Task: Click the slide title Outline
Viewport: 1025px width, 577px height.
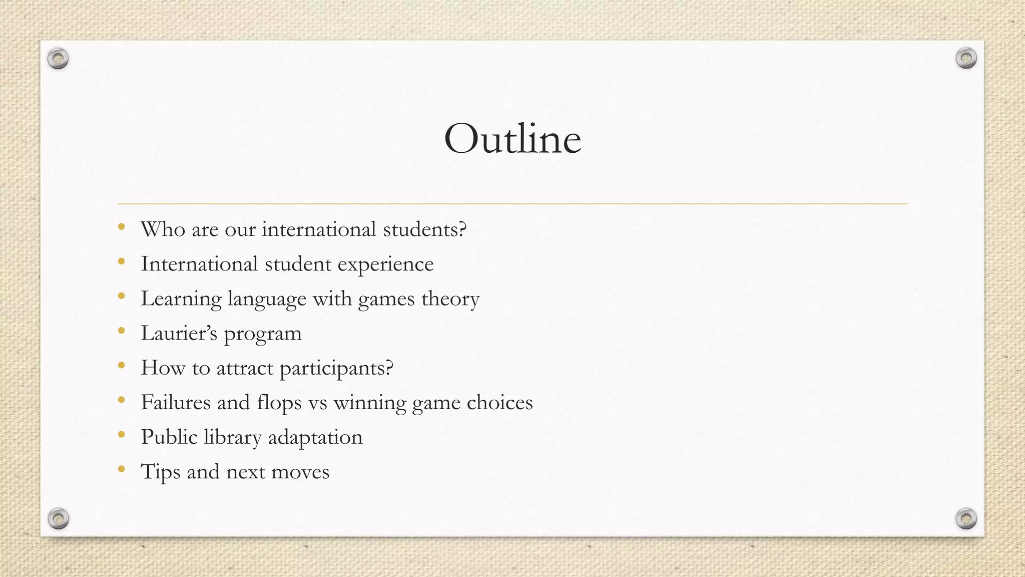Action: [512, 139]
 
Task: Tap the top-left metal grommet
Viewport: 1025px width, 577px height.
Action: [58, 59]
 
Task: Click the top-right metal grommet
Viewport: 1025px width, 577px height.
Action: [966, 59]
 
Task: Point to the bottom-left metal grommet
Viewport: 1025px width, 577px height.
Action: [58, 518]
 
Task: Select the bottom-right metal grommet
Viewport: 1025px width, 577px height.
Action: [966, 518]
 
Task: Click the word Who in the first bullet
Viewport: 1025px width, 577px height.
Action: [163, 229]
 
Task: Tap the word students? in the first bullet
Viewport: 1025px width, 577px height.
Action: [424, 229]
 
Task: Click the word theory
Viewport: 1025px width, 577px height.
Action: [450, 299]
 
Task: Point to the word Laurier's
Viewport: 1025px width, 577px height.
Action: [179, 334]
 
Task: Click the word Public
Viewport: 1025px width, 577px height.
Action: [169, 437]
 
